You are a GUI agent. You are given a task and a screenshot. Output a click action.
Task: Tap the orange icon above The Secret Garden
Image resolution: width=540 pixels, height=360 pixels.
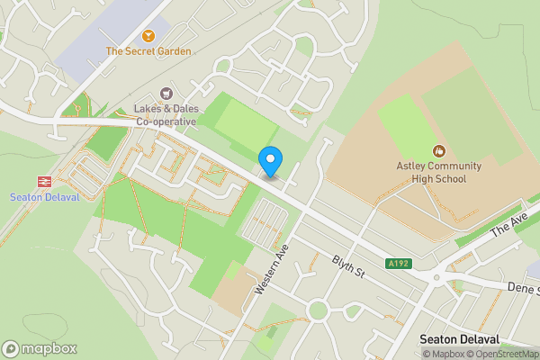[x=148, y=35]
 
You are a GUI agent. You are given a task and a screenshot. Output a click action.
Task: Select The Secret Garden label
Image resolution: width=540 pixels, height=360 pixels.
[x=148, y=51]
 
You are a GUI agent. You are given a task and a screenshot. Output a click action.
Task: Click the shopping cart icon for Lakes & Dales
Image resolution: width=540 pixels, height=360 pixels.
[x=166, y=93]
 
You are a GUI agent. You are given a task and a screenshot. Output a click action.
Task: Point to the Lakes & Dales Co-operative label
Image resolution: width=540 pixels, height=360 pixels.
[x=166, y=114]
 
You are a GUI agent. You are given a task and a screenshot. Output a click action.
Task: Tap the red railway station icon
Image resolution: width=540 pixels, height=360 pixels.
[x=41, y=181]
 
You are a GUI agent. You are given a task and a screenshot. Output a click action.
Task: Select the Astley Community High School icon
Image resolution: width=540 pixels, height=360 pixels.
[x=439, y=150]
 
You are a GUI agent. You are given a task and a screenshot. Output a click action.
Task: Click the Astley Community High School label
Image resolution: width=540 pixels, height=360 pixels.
[x=439, y=172]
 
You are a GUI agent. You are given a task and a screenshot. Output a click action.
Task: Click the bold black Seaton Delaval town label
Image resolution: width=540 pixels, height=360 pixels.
[x=458, y=339]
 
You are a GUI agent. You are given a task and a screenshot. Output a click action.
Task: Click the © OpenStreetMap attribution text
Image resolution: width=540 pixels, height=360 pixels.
[x=505, y=354]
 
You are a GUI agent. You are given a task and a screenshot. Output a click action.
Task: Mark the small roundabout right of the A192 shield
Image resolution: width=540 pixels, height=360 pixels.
[x=436, y=277]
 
